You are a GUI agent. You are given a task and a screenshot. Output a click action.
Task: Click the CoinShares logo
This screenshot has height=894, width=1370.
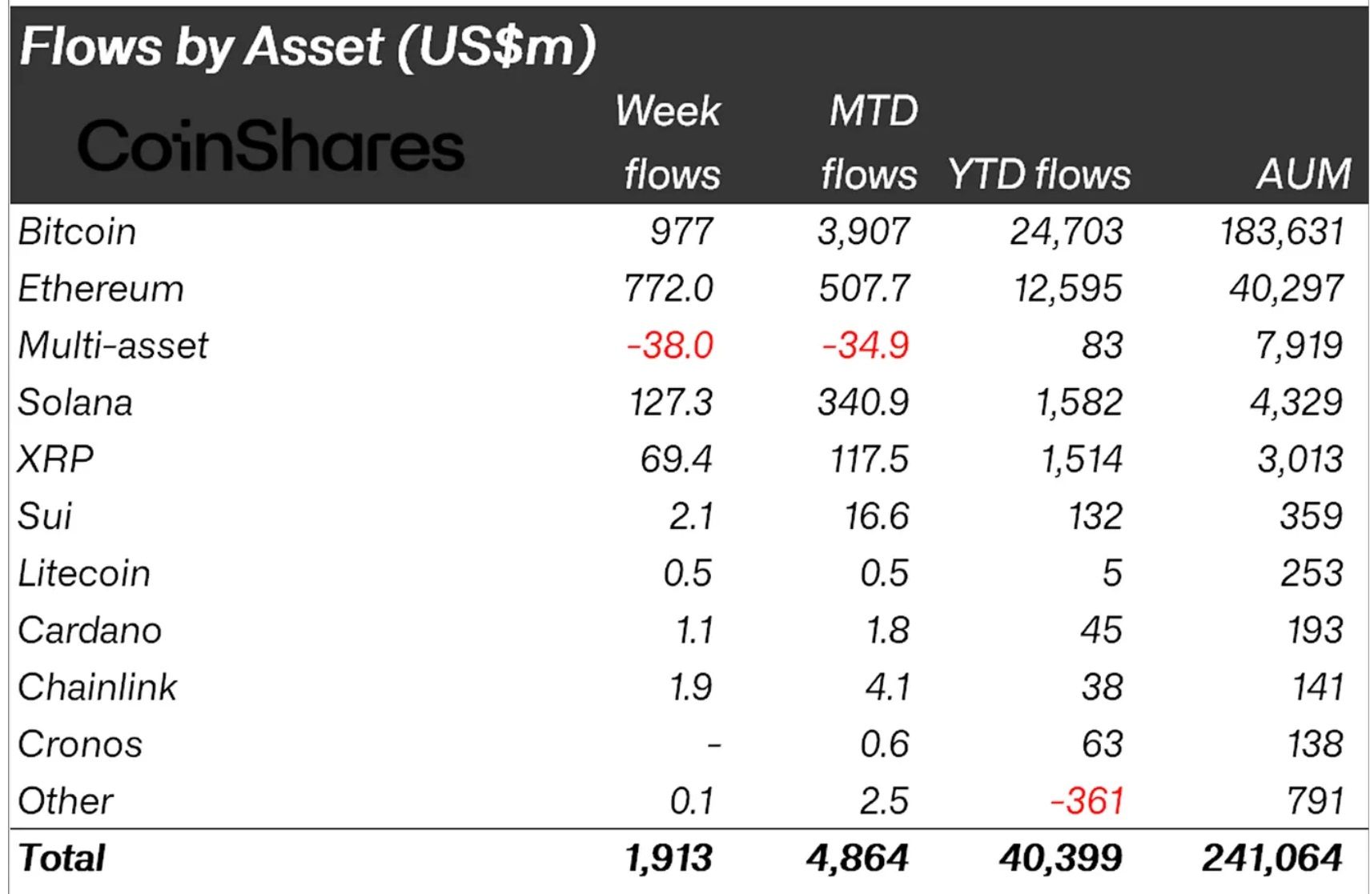tap(271, 146)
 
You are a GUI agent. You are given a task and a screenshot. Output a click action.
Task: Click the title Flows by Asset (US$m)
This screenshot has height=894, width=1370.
tap(307, 46)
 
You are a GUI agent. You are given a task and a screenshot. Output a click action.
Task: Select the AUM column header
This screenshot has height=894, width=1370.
tap(1304, 174)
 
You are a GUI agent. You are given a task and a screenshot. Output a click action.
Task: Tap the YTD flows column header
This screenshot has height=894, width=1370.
tap(1039, 174)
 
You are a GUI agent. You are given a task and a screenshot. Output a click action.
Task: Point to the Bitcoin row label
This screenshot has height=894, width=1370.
tap(77, 232)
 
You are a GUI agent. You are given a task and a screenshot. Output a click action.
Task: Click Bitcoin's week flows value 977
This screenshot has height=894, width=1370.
tap(681, 232)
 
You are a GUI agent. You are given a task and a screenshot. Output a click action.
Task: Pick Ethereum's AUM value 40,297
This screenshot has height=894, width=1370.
tap(1286, 289)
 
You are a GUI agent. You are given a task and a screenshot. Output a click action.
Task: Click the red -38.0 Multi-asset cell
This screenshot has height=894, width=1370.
tap(669, 346)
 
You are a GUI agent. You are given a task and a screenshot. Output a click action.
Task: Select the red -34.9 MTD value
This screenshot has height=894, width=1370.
tap(865, 346)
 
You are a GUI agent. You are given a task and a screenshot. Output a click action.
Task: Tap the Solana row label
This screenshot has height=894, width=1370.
tap(75, 403)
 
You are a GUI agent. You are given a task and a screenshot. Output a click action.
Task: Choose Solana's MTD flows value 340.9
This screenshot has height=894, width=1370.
tap(863, 403)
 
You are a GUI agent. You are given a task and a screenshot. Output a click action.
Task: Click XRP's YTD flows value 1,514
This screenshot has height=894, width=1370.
tap(1081, 459)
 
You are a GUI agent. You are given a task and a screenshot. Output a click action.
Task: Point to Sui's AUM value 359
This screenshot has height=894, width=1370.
tap(1311, 516)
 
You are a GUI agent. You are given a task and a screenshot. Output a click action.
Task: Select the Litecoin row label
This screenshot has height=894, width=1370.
tap(84, 574)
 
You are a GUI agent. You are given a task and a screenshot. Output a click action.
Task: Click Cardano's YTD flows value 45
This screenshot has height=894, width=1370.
tap(1101, 631)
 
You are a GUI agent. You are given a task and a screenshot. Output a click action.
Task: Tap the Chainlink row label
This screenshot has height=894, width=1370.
tap(97, 688)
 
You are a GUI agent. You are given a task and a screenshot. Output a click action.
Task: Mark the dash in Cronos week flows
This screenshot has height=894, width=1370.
tap(714, 746)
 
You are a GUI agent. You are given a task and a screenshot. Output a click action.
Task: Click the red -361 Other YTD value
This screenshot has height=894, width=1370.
tap(1087, 801)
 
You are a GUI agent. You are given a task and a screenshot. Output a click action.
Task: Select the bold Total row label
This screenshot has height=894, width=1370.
tap(62, 859)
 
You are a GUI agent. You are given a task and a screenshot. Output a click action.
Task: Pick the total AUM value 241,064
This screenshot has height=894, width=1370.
tap(1272, 859)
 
